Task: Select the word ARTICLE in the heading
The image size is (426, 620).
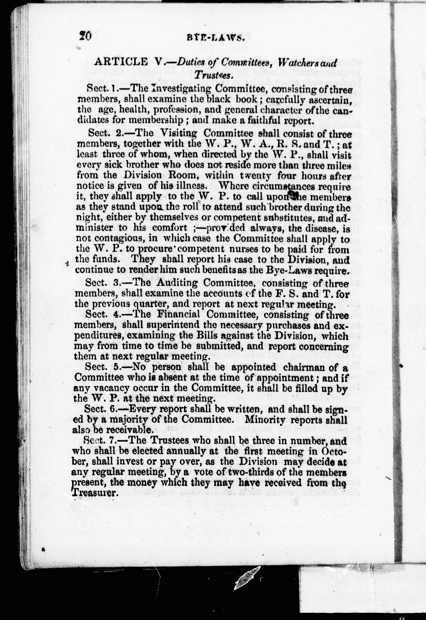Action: (121, 62)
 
